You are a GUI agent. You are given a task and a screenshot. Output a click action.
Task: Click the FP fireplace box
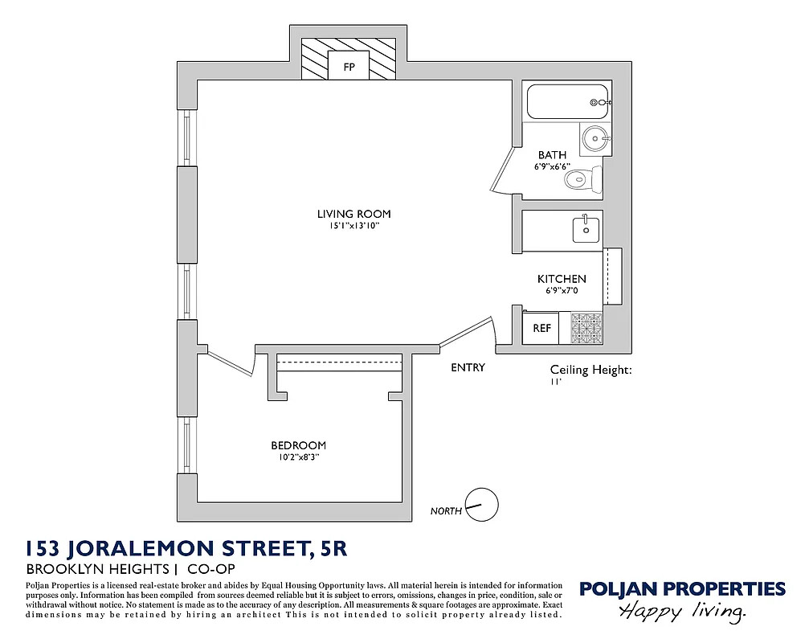[349, 66]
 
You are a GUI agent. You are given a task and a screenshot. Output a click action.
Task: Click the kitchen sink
[586, 228]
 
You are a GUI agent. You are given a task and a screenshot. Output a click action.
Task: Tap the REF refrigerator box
[541, 328]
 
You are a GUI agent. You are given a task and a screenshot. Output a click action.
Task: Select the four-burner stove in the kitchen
[586, 328]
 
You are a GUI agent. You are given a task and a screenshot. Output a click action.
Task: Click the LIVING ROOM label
[353, 214]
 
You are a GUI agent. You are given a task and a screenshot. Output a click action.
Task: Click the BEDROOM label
[298, 445]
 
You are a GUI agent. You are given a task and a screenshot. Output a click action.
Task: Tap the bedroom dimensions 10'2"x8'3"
[298, 457]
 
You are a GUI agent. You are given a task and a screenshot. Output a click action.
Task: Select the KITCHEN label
[562, 279]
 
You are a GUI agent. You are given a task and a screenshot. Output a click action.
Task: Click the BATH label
[552, 154]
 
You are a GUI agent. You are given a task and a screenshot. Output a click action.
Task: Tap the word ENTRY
[468, 367]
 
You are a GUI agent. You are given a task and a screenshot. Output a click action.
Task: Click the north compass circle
[482, 505]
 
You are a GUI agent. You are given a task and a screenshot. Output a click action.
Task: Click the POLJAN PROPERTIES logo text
[682, 589]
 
